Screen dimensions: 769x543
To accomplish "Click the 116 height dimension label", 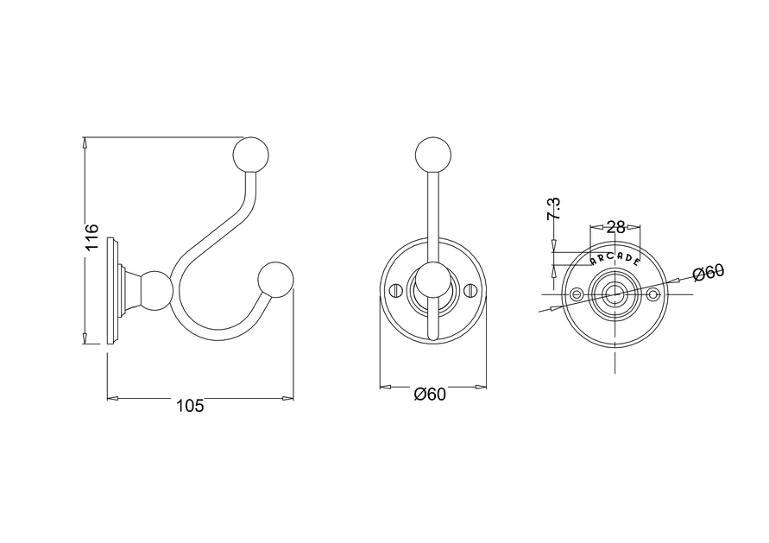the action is (x=91, y=237).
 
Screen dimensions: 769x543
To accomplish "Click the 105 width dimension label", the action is (x=190, y=406).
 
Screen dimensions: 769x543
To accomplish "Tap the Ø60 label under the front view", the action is (x=430, y=395).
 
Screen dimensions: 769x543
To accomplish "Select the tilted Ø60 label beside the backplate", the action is (x=709, y=272).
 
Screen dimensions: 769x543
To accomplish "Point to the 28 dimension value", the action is (x=615, y=227).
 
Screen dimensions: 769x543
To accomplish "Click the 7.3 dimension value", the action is (x=554, y=208).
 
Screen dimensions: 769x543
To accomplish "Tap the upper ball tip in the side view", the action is (x=250, y=154).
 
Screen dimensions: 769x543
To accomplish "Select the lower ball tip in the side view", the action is (x=275, y=280).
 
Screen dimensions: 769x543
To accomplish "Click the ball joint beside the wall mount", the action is (x=156, y=291).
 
